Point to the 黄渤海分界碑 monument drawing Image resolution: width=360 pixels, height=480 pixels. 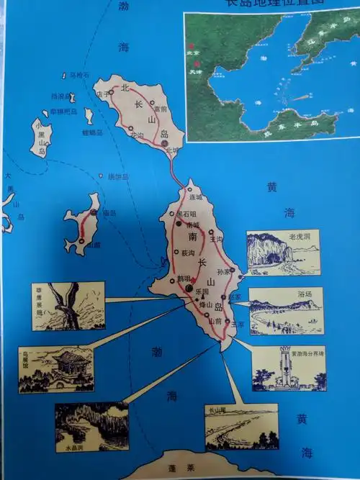click(288, 369)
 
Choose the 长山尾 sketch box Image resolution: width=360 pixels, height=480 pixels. click(241, 427)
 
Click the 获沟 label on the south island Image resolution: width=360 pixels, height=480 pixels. click(188, 253)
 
